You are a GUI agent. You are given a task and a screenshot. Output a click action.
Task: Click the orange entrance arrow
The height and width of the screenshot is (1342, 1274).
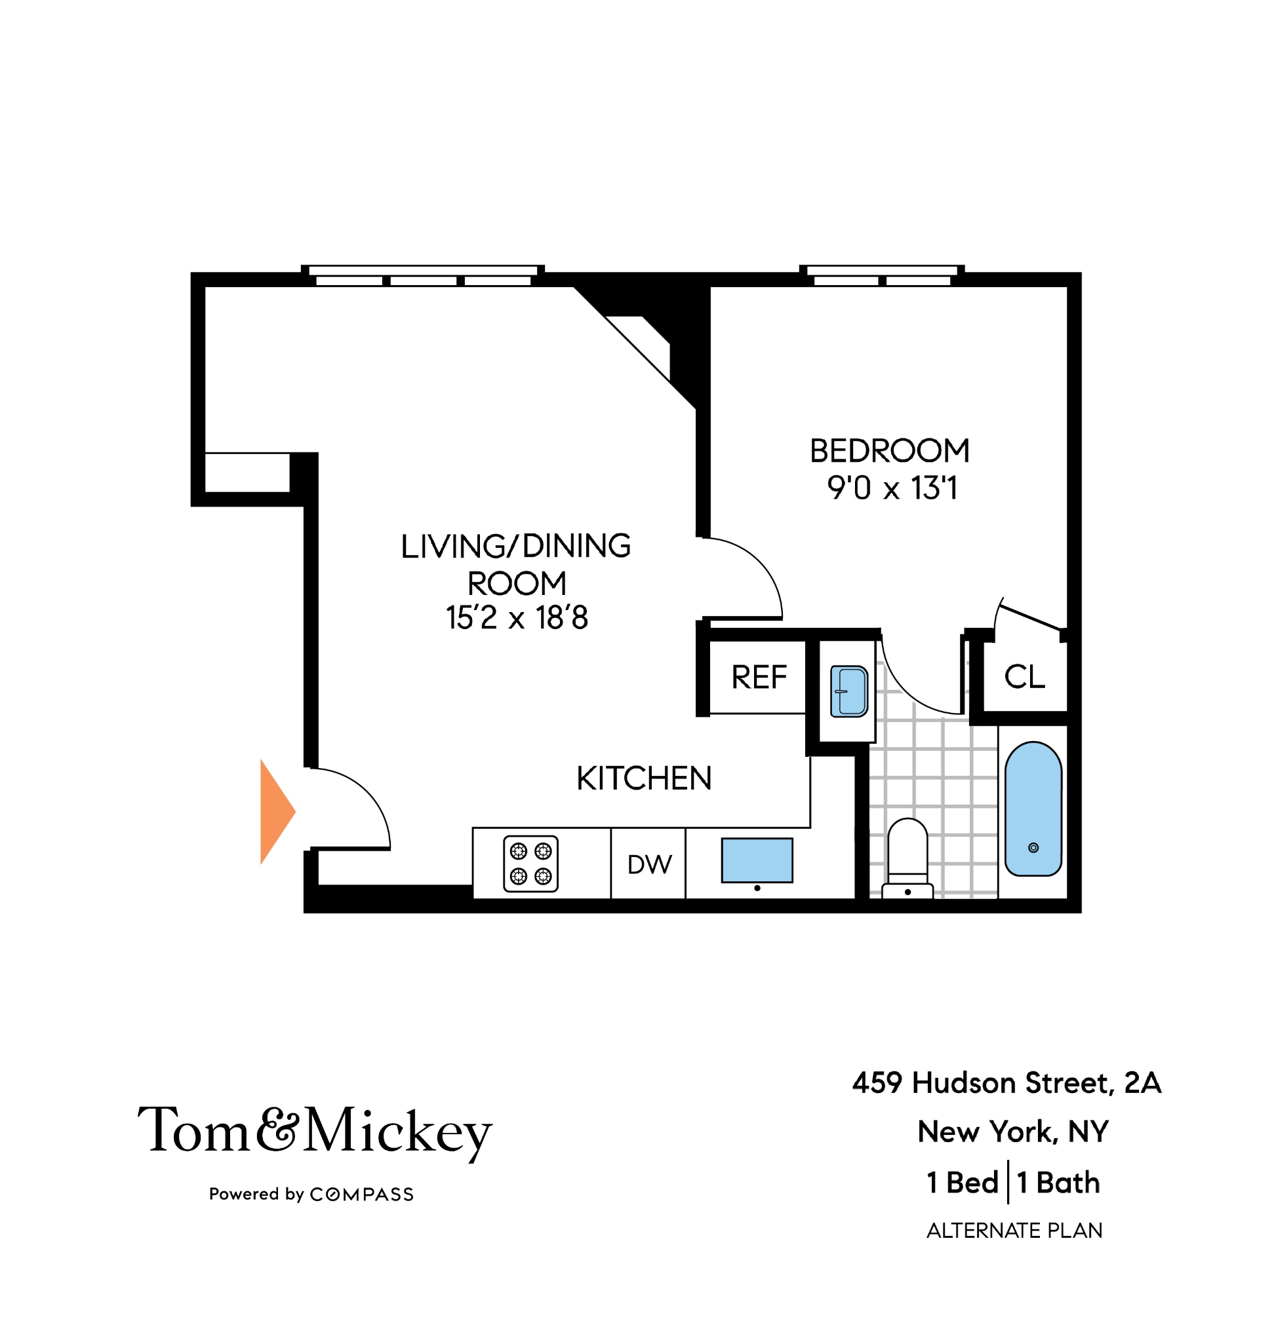(x=275, y=811)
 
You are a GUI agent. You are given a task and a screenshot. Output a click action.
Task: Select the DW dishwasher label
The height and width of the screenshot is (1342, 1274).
(x=649, y=864)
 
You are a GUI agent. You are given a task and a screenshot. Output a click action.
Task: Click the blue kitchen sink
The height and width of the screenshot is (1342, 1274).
(x=757, y=860)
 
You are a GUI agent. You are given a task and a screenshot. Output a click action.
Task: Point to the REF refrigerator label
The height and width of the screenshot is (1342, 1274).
(x=759, y=677)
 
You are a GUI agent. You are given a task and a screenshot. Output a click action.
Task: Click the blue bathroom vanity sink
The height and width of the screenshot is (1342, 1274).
(x=848, y=691)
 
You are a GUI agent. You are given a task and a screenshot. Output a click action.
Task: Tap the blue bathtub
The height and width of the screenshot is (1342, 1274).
(x=1033, y=809)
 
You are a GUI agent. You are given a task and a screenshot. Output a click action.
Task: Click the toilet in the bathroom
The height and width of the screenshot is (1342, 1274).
(x=907, y=855)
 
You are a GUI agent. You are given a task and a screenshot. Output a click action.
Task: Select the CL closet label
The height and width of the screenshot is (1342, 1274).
(x=1024, y=677)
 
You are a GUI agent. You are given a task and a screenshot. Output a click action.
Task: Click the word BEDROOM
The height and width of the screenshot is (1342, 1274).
(x=890, y=451)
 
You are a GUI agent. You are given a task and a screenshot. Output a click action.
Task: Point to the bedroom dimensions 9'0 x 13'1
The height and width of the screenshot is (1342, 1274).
(x=892, y=488)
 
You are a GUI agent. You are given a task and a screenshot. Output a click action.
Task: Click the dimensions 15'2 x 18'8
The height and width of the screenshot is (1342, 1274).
(x=517, y=618)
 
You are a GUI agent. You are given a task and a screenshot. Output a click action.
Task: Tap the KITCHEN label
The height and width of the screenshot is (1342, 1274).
(x=644, y=778)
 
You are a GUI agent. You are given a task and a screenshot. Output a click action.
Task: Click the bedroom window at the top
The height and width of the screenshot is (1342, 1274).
(x=881, y=275)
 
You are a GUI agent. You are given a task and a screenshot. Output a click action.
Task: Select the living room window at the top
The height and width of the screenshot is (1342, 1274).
(x=423, y=275)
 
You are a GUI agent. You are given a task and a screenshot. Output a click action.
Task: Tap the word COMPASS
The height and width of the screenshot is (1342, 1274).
(x=361, y=1195)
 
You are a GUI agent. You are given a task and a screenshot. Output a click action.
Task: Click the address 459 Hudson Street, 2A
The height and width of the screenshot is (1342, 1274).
(x=1006, y=1083)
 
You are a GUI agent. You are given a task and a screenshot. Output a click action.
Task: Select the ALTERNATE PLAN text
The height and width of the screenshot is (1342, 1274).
(x=1014, y=1231)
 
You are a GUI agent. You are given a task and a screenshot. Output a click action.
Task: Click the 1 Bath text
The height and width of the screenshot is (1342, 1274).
(x=1058, y=1183)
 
